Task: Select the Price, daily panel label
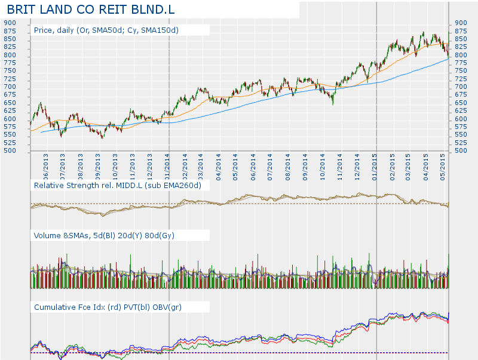[x=106, y=30]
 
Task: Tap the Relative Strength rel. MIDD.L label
[x=118, y=186]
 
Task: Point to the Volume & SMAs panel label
[x=104, y=235]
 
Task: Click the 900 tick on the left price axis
[x=10, y=23]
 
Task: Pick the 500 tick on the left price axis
[x=10, y=150]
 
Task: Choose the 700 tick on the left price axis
[x=10, y=87]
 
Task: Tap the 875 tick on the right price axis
[x=461, y=31]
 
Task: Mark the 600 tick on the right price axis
[x=461, y=119]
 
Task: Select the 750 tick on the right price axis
[x=461, y=71]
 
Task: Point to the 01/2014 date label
[x=168, y=166]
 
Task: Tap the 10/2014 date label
[x=323, y=166]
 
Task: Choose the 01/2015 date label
[x=375, y=166]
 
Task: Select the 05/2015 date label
[x=443, y=166]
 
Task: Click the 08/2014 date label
[x=288, y=166]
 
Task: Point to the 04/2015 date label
[x=426, y=166]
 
